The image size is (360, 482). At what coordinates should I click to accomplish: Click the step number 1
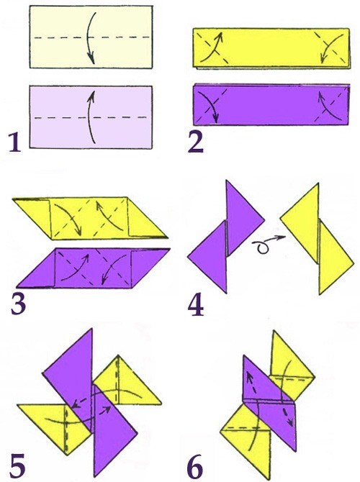pos(15,142)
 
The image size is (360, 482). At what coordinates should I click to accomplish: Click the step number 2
pos(195,142)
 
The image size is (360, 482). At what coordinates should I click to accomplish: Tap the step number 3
pos(18,304)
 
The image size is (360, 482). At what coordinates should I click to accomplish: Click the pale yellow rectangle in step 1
pos(91,37)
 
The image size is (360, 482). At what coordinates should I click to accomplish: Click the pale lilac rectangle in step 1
pos(91,117)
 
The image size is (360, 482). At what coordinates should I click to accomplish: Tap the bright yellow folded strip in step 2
pos(271,48)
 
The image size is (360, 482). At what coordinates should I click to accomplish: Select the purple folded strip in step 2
pos(271,104)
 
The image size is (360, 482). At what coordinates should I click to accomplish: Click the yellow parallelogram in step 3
pos(90,218)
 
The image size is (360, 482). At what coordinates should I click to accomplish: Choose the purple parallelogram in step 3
pos(93,268)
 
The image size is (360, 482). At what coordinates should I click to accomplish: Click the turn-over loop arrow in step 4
pos(267,243)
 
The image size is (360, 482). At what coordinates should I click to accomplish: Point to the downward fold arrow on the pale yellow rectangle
pos(89,37)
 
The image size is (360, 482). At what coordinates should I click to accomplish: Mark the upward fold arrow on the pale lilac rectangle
pos(89,117)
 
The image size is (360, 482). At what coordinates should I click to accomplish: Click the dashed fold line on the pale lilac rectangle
pos(91,117)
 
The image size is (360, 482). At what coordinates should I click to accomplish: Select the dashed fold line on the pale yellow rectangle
pos(91,37)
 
